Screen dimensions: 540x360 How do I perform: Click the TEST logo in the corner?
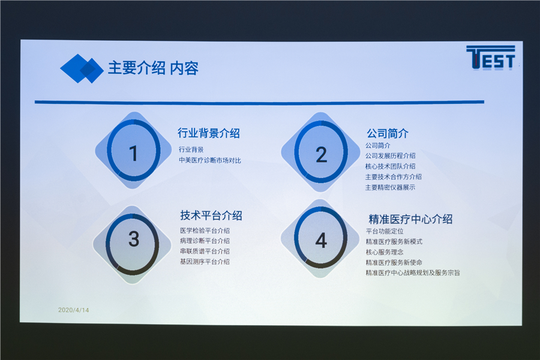(491, 58)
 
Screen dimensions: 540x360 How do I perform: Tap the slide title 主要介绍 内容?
(153, 68)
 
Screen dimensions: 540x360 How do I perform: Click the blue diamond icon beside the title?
(82, 68)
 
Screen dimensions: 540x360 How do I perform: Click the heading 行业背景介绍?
(209, 133)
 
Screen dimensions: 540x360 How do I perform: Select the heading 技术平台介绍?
(211, 215)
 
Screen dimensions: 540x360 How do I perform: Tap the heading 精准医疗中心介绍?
(410, 219)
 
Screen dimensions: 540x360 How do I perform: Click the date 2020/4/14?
(73, 310)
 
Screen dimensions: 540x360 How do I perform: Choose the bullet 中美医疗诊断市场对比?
(210, 160)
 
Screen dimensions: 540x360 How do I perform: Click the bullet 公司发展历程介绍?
(390, 156)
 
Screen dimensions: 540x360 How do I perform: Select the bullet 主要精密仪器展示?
(390, 187)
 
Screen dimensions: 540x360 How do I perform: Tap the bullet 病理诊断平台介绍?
(205, 241)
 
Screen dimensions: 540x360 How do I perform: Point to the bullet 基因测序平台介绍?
(205, 262)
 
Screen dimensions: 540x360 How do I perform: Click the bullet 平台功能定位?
(385, 231)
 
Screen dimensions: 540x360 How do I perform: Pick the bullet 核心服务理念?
(385, 252)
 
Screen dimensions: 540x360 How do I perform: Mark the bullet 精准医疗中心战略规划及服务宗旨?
(413, 273)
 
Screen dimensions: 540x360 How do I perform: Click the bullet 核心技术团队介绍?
(390, 166)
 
